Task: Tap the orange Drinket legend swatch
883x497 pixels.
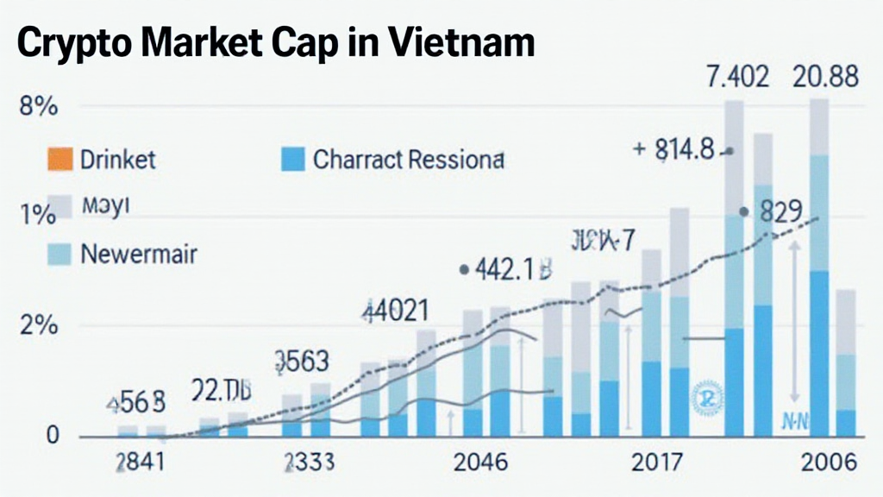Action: click(x=58, y=160)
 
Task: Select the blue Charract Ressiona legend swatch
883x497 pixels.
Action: click(x=293, y=160)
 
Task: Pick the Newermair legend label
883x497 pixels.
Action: click(x=139, y=255)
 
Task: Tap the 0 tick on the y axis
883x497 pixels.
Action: click(x=53, y=437)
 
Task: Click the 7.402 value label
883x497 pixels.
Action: click(x=737, y=77)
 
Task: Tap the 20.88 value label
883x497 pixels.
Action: click(x=826, y=77)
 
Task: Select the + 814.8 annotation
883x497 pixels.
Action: click(x=674, y=149)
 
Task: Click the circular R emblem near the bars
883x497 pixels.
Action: click(x=705, y=398)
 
